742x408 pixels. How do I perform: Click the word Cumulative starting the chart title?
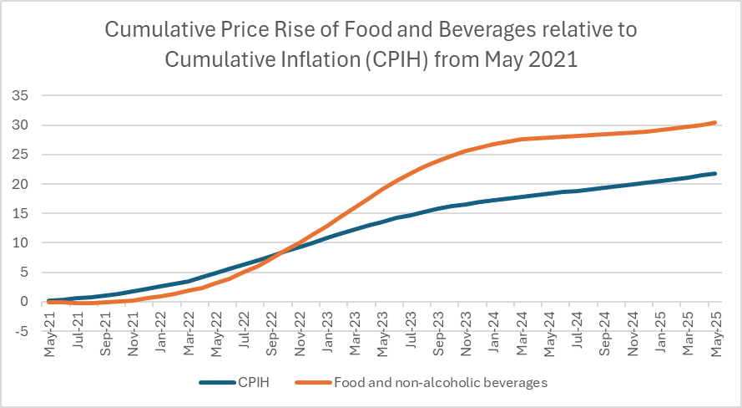coord(154,32)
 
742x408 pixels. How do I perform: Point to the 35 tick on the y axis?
coord(22,95)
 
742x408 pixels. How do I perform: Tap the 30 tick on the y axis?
coord(22,125)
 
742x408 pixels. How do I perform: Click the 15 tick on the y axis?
coord(22,213)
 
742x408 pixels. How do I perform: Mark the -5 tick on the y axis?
coord(20,331)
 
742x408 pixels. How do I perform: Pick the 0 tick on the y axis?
coord(25,302)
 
